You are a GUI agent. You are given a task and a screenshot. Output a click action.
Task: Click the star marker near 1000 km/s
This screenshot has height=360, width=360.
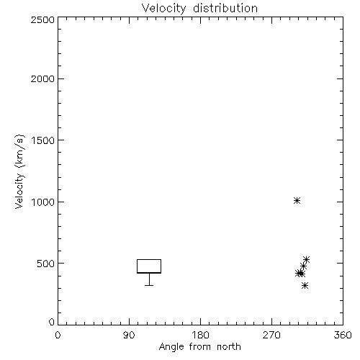(x=297, y=200)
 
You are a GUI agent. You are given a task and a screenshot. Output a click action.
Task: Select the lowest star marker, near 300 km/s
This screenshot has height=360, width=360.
(x=305, y=285)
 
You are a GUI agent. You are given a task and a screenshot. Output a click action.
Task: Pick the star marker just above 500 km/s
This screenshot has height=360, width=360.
(x=306, y=259)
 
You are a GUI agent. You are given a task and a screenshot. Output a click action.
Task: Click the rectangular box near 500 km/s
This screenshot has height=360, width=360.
(x=149, y=259)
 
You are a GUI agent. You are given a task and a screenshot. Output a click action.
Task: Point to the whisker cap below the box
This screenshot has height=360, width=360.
(x=149, y=285)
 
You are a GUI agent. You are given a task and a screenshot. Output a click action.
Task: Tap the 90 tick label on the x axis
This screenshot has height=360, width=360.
(x=129, y=335)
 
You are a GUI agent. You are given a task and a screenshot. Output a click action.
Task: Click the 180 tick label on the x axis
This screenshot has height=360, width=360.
(x=200, y=335)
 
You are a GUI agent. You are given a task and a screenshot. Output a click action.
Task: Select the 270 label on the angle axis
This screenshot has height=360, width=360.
(x=271, y=335)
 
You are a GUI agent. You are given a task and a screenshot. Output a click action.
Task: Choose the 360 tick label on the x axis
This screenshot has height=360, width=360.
(x=343, y=335)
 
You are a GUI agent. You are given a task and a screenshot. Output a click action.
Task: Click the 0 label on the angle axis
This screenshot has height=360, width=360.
(x=58, y=335)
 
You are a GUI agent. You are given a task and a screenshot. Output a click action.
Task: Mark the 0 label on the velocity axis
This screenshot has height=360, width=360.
(x=52, y=322)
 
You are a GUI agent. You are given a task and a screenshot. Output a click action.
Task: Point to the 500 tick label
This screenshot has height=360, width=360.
(x=45, y=264)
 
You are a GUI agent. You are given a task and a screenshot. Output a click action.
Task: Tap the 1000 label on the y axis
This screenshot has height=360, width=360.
(x=43, y=202)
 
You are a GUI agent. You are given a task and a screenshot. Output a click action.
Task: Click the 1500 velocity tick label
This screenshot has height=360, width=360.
(x=43, y=140)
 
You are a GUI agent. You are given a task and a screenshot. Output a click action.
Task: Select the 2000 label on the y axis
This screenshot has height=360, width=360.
(x=42, y=79)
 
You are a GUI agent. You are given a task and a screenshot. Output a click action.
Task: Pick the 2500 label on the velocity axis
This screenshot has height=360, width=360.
(x=42, y=19)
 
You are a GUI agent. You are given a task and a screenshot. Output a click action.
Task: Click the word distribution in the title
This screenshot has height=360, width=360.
(x=225, y=8)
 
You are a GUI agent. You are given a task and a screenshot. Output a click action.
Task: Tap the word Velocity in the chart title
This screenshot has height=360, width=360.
(x=164, y=9)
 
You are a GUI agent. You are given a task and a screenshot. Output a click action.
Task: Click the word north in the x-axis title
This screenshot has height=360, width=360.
(x=229, y=347)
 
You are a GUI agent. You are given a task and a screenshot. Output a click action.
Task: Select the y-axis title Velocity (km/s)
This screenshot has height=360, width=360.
(x=19, y=171)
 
